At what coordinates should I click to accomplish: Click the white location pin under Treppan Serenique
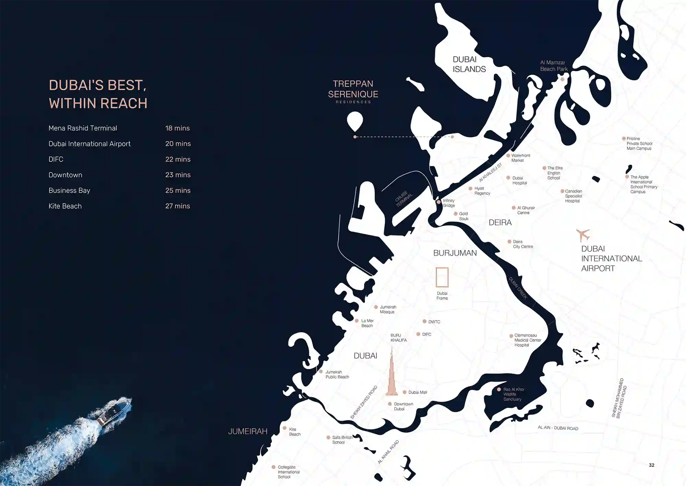tap(355, 121)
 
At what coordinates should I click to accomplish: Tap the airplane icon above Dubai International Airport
tap(582, 235)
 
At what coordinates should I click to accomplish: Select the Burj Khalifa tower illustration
tap(392, 374)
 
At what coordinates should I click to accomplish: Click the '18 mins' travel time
tap(177, 128)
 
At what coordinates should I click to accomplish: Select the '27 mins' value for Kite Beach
tap(177, 206)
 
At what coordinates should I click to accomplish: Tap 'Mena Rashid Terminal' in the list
tap(83, 128)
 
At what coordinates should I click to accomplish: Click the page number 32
tap(651, 465)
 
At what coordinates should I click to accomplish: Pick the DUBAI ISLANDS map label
tap(469, 64)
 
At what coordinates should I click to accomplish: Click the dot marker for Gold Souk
tap(456, 214)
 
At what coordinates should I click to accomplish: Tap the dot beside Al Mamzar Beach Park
tap(562, 79)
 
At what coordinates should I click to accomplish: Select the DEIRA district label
tap(500, 223)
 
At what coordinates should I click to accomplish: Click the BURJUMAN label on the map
tap(455, 253)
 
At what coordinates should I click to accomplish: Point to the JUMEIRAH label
tap(248, 431)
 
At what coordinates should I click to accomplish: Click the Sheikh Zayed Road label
tap(364, 402)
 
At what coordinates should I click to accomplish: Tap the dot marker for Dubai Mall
tap(405, 392)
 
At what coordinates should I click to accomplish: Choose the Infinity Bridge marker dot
tap(438, 202)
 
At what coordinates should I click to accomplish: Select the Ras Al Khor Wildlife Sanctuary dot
tap(499, 389)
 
